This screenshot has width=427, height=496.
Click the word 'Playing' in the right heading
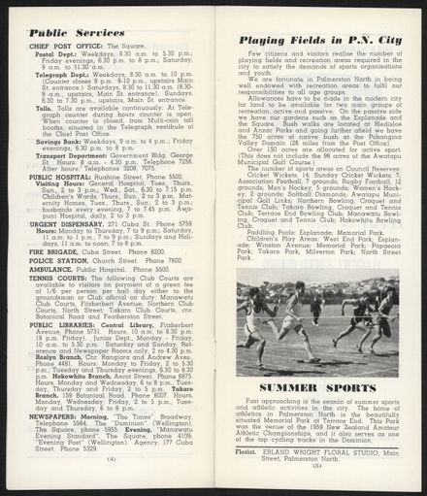coord(266,40)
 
